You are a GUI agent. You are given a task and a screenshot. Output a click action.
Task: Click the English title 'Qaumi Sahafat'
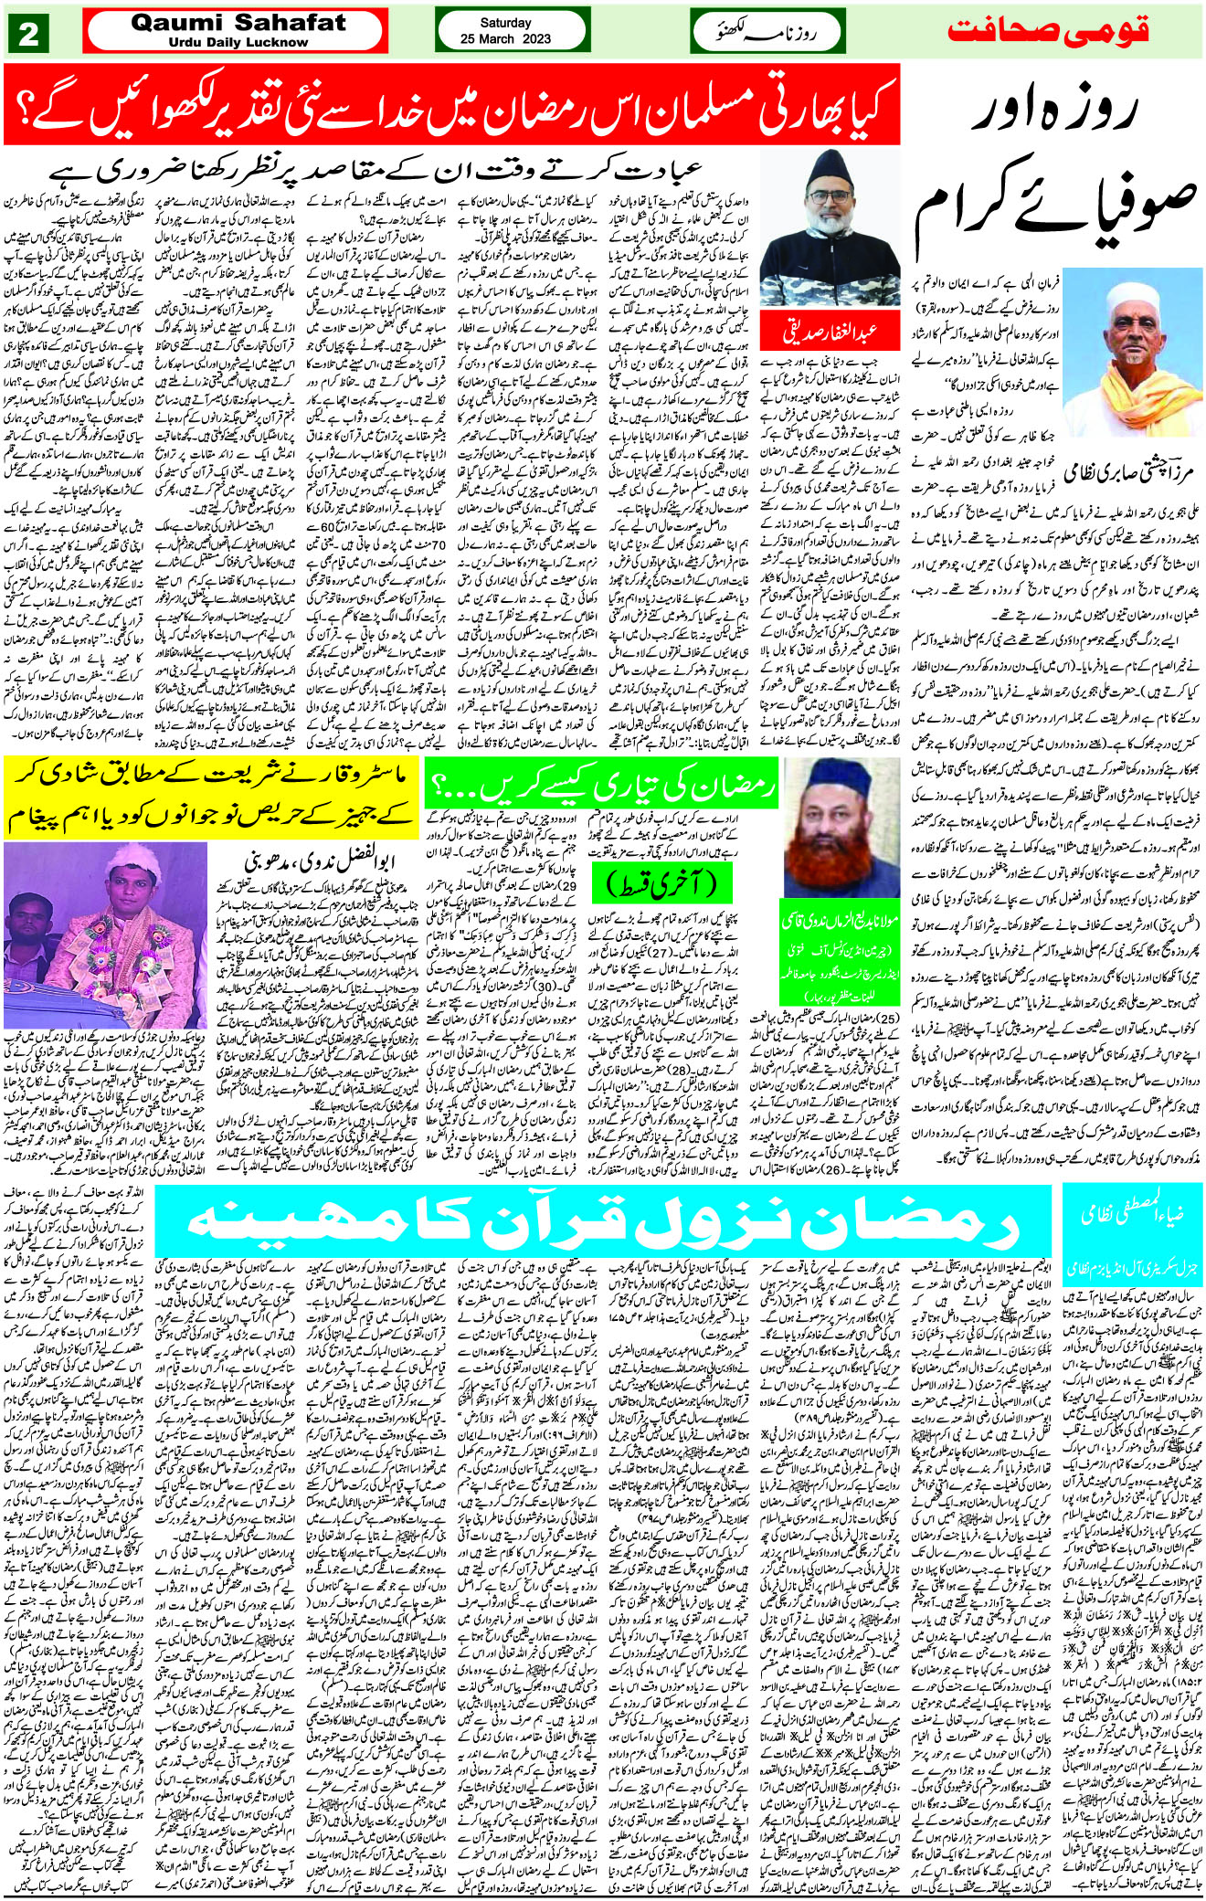238,23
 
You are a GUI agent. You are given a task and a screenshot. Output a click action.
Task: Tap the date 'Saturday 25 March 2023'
505,30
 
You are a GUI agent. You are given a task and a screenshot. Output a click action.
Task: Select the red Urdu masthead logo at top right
1047,31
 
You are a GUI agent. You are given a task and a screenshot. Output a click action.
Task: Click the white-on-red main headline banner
451,105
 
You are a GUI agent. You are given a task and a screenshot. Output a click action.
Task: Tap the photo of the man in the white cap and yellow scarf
1145,347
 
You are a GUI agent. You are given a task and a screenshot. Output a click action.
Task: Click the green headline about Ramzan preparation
600,785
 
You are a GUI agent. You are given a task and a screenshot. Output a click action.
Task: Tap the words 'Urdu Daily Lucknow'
238,42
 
